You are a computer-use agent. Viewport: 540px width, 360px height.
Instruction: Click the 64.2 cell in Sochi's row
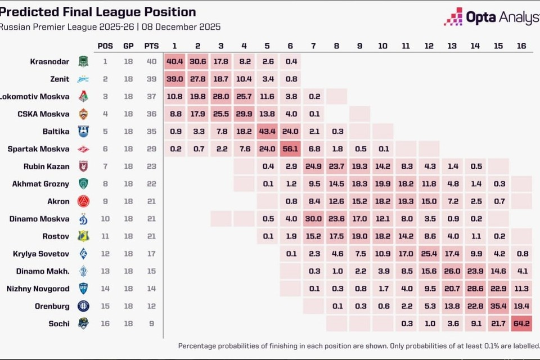pyautogui.click(x=521, y=323)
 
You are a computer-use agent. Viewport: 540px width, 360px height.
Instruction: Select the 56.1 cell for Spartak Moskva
pyautogui.click(x=290, y=148)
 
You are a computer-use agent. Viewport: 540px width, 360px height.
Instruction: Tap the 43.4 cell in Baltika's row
pyautogui.click(x=267, y=131)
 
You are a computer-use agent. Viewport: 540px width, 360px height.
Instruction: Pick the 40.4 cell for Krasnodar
pyautogui.click(x=175, y=62)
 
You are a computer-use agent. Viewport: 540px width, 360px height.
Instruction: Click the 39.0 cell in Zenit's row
pyautogui.click(x=175, y=79)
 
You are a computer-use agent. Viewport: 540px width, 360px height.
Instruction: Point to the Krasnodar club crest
pyautogui.click(x=83, y=62)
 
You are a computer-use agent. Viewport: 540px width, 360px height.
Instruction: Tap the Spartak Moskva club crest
pyautogui.click(x=83, y=149)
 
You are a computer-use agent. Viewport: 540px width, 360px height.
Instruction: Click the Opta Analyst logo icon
pyautogui.click(x=453, y=17)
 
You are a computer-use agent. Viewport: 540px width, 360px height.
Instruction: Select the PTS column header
pyautogui.click(x=151, y=46)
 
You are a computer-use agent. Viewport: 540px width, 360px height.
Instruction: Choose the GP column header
pyautogui.click(x=128, y=46)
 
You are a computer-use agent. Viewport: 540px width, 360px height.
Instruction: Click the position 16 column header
pyautogui.click(x=521, y=46)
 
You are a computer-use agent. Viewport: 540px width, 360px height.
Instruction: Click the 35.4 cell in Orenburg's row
pyautogui.click(x=498, y=305)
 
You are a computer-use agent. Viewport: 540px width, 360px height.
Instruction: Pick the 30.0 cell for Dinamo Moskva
pyautogui.click(x=313, y=218)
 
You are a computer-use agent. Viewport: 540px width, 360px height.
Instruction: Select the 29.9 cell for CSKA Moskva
pyautogui.click(x=244, y=114)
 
